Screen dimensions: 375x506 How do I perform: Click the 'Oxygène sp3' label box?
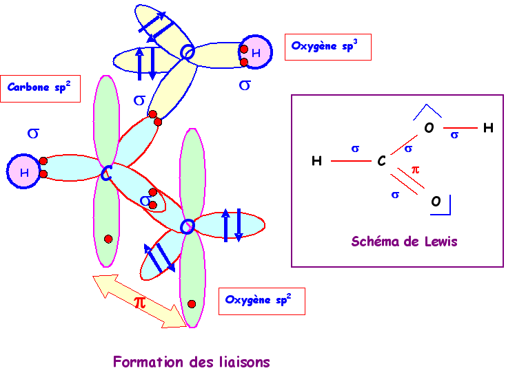point(327,47)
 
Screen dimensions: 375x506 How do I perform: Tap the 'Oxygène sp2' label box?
point(261,301)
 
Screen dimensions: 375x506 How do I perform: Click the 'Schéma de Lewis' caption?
point(404,242)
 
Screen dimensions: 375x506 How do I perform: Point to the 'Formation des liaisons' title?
point(191,362)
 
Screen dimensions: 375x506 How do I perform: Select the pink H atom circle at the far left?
point(24,173)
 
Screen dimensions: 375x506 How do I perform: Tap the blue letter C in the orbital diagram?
point(105,174)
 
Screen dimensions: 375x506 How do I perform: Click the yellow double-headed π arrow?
point(141,301)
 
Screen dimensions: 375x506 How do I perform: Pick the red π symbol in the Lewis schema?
point(415,169)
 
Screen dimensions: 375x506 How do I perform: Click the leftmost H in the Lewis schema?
point(316,162)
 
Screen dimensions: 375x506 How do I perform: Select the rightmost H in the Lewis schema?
point(488,128)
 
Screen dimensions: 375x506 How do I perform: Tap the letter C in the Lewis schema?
point(381,162)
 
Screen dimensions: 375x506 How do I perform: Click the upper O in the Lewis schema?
point(429,128)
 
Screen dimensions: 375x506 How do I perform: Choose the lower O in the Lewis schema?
point(436,202)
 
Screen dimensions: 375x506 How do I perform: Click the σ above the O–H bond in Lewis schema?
point(454,135)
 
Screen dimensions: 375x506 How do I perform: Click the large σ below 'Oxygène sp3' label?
point(245,85)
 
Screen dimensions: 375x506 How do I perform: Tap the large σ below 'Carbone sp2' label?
point(32,133)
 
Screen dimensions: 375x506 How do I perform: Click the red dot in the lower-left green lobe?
point(108,239)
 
